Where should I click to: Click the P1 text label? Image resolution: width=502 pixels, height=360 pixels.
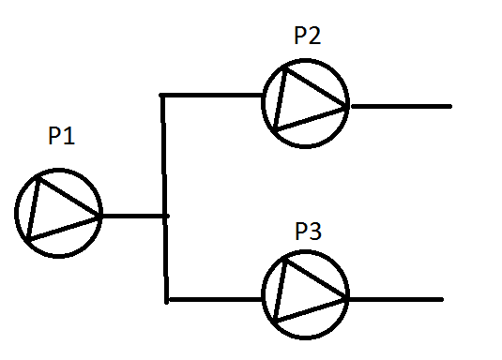pyautogui.click(x=61, y=137)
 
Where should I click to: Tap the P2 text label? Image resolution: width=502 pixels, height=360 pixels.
pyautogui.click(x=307, y=37)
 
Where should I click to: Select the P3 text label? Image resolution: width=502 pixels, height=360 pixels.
pyautogui.click(x=307, y=231)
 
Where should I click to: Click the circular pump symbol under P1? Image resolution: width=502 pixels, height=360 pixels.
pyautogui.click(x=57, y=213)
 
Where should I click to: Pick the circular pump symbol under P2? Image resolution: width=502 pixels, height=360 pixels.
pyautogui.click(x=305, y=103)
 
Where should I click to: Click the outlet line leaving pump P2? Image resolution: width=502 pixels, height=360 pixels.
pyautogui.click(x=399, y=106)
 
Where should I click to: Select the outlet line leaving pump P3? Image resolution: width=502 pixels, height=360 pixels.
pyautogui.click(x=394, y=300)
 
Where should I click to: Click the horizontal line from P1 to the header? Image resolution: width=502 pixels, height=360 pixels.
pyautogui.click(x=131, y=217)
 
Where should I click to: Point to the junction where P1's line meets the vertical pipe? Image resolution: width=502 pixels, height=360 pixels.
pyautogui.click(x=165, y=217)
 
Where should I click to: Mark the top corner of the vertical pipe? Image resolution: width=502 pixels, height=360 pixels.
pyautogui.click(x=163, y=96)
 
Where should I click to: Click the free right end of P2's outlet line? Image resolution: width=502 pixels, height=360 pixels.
pyautogui.click(x=450, y=106)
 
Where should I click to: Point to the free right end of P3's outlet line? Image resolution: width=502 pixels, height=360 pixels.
pyautogui.click(x=441, y=300)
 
